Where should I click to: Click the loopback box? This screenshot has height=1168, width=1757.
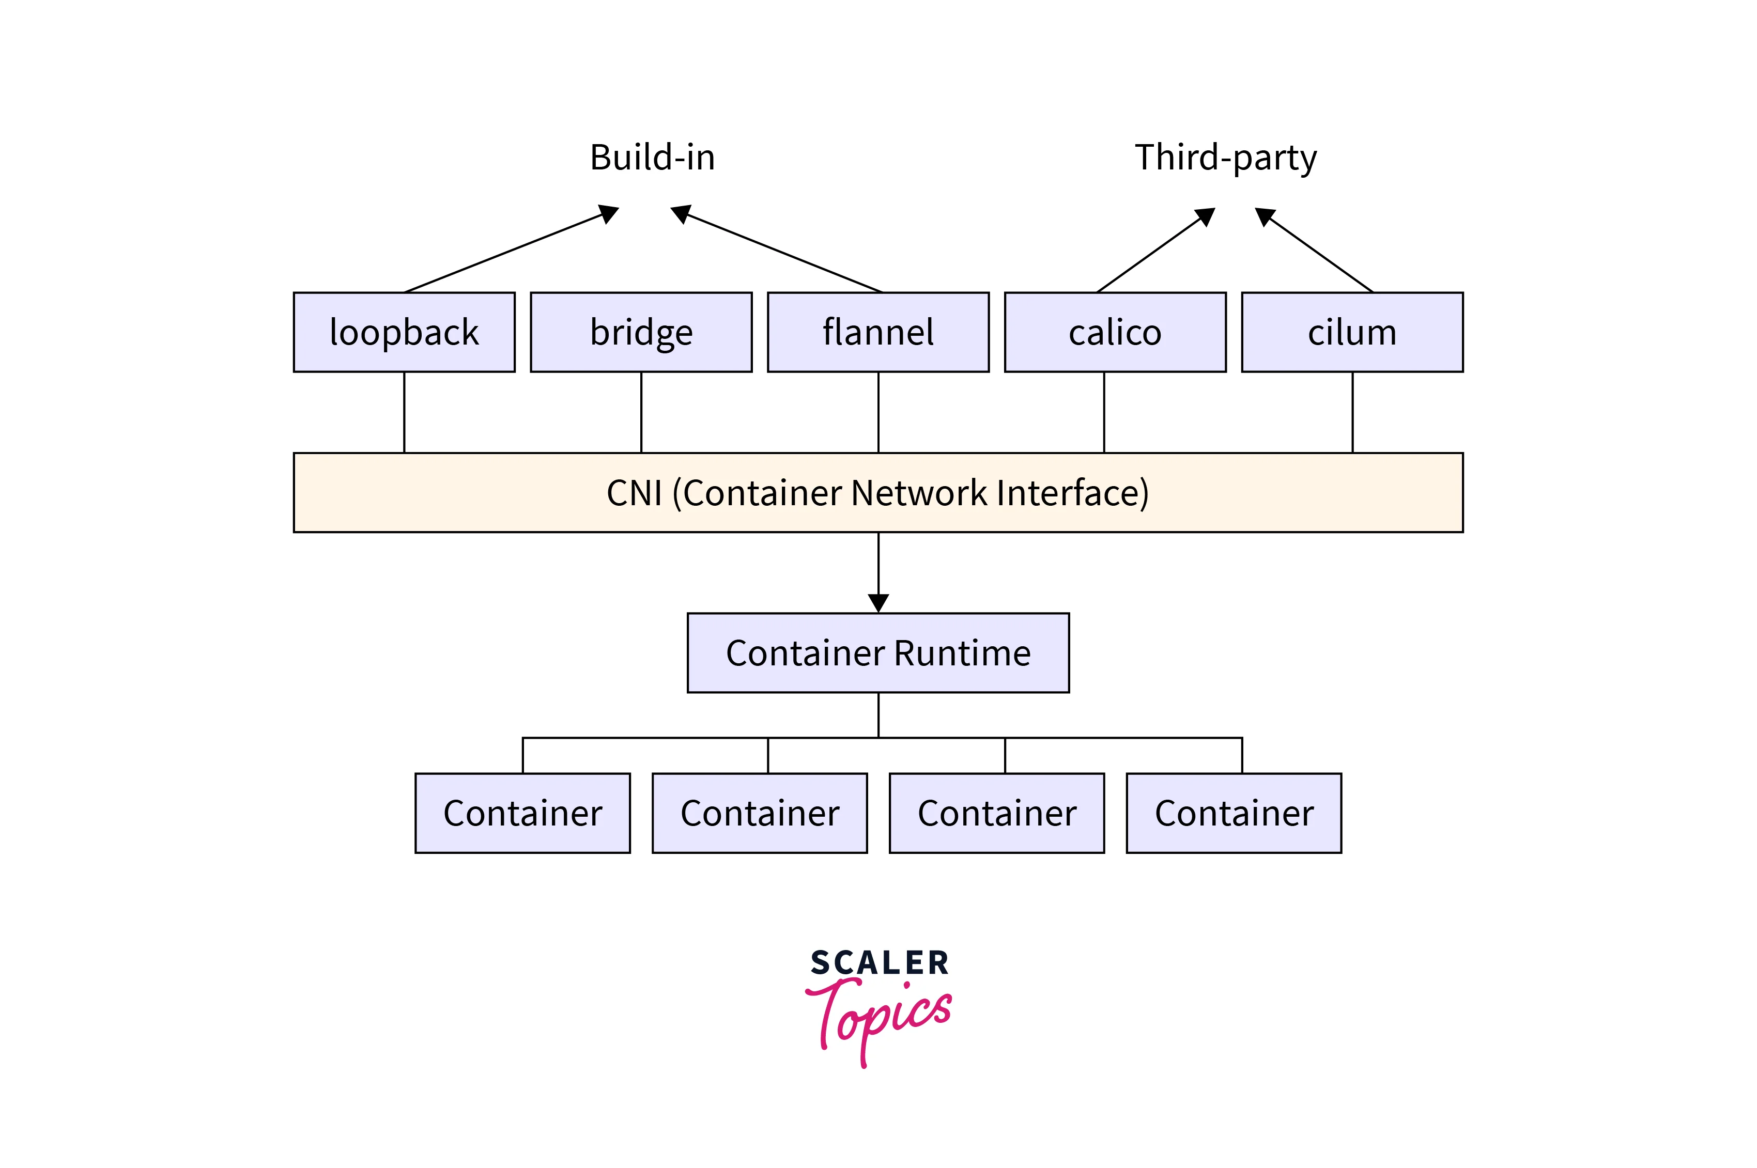(x=404, y=332)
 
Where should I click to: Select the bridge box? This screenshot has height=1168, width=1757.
(x=641, y=332)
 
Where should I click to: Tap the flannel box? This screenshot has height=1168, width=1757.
(x=878, y=332)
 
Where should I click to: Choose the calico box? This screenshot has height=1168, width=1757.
(x=1115, y=332)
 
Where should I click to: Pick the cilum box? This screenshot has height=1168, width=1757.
(x=1352, y=332)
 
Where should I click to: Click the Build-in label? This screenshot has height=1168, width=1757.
(x=652, y=158)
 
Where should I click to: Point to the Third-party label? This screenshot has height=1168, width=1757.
(x=1226, y=158)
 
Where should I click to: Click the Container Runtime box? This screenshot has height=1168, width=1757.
(x=878, y=653)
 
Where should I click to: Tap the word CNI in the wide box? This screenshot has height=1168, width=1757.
(x=634, y=493)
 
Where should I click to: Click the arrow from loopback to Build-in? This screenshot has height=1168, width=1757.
(x=506, y=252)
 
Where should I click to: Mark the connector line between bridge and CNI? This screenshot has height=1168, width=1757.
(x=641, y=412)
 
